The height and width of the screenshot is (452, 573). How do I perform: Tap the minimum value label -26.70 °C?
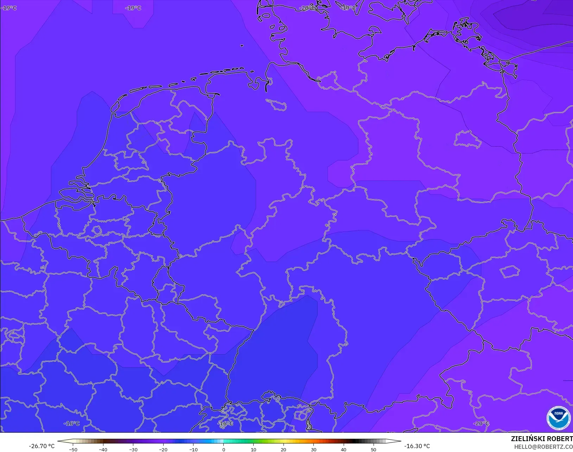click(42, 446)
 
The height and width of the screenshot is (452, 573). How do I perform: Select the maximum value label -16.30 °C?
click(417, 446)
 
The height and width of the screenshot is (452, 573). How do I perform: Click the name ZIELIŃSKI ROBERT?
click(542, 439)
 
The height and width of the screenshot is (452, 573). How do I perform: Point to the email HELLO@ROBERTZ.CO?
click(543, 447)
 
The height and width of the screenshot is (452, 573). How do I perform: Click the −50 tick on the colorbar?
click(73, 449)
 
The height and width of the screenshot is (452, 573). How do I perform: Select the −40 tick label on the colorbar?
click(103, 449)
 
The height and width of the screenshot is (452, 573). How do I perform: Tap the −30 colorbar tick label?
click(133, 449)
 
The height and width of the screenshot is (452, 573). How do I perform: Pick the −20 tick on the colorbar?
click(163, 449)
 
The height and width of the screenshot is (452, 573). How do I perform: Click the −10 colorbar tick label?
click(193, 449)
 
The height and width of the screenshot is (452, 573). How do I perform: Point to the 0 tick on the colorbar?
click(223, 449)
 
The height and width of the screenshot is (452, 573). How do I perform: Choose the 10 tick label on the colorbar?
click(253, 449)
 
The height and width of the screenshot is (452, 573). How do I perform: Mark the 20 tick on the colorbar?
click(284, 449)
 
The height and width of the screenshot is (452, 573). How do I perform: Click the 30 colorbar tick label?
click(313, 449)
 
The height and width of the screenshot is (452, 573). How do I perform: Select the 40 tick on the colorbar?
click(344, 449)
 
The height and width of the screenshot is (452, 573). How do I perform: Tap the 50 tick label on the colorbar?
click(374, 449)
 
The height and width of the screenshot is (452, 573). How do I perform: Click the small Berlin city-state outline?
click(467, 139)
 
